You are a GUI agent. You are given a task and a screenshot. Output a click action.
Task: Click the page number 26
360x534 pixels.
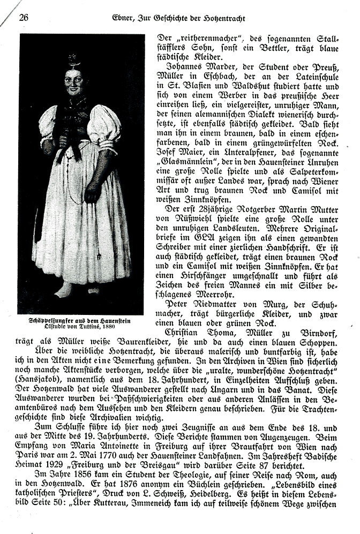pos(24,17)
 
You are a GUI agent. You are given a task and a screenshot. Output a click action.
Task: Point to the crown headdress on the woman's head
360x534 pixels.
pos(74,61)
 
